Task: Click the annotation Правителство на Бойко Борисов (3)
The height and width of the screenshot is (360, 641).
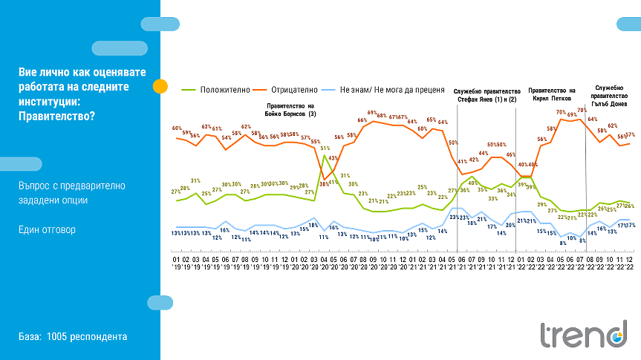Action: tap(290, 110)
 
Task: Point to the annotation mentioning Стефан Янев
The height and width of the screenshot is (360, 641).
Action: tap(487, 94)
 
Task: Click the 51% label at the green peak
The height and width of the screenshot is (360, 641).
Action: tap(325, 148)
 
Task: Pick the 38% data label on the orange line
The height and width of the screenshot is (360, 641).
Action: tap(324, 183)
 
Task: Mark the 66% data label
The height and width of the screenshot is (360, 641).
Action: tap(362, 120)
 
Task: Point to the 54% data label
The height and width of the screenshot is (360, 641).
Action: tap(226, 137)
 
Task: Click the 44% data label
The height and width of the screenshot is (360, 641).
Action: tap(483, 154)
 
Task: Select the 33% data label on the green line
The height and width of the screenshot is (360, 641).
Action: tap(492, 198)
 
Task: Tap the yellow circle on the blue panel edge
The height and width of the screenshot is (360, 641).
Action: tap(160, 86)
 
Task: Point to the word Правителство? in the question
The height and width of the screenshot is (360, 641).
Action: tap(57, 115)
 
